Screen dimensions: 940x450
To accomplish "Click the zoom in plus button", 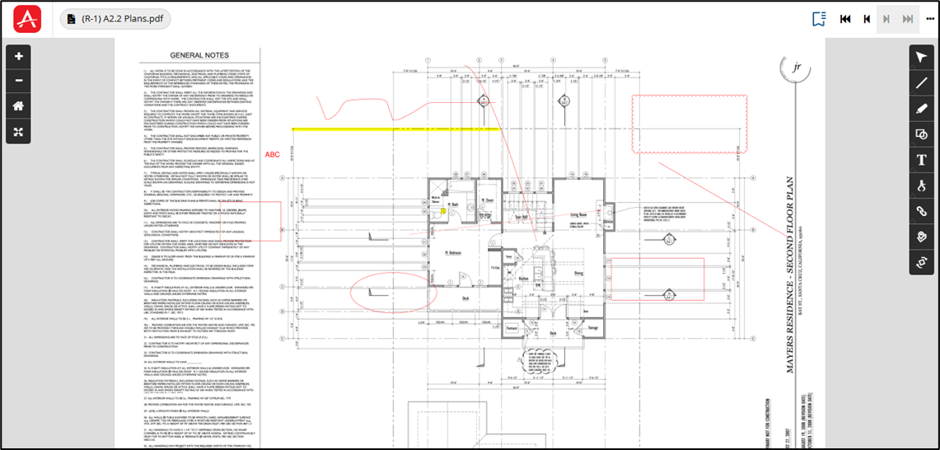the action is (x=18, y=57).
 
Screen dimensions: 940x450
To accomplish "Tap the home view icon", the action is (x=18, y=105).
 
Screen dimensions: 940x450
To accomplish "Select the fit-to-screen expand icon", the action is (x=18, y=130).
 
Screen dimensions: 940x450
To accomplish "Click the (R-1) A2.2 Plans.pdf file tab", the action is (x=115, y=19).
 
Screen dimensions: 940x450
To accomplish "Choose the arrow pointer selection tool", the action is (x=922, y=57).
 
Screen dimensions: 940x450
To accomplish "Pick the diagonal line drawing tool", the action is (x=922, y=82).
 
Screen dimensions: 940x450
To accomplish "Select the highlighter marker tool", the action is (x=922, y=108).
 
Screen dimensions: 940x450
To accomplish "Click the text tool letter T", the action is (x=922, y=159).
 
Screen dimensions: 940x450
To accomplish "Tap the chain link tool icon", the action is (x=922, y=211).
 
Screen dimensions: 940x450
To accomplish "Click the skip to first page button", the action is (x=845, y=19).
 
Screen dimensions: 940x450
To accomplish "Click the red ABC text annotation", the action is (x=273, y=155).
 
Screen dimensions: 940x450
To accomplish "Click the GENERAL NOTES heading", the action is (x=199, y=56).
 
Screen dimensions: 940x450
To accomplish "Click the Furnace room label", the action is (x=511, y=327).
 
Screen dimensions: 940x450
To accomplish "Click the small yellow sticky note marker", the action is (x=444, y=211).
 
